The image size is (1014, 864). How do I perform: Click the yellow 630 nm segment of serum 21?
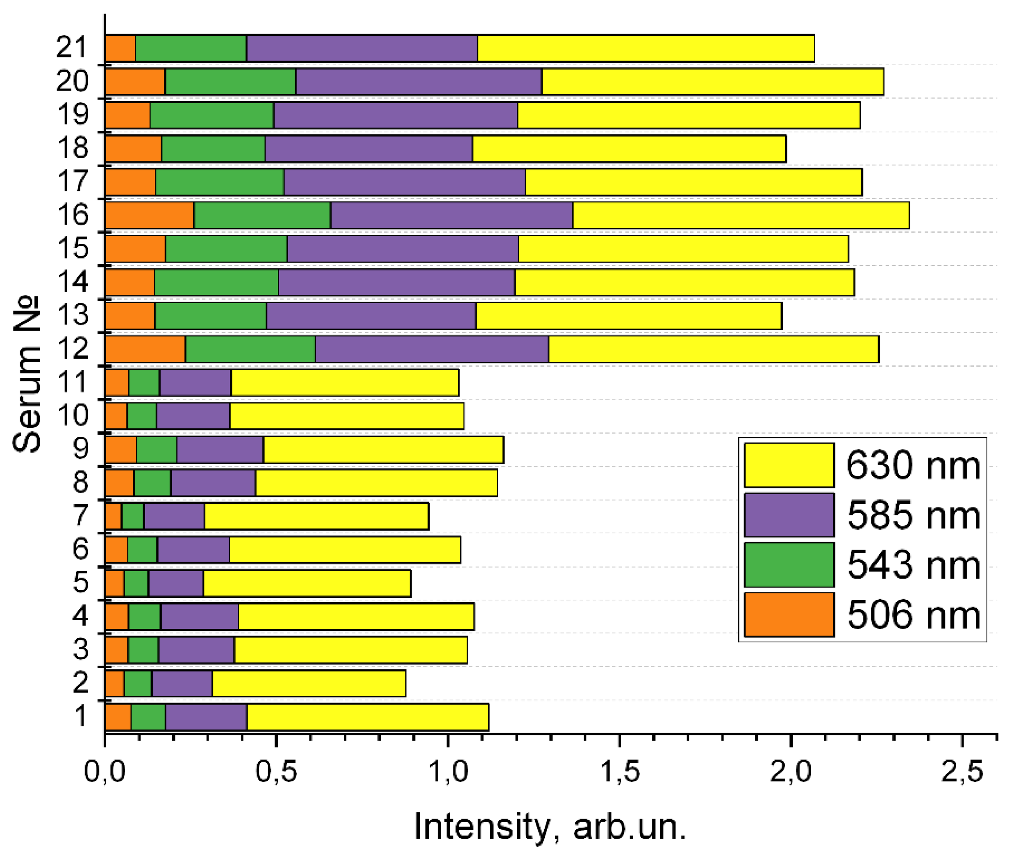[x=646, y=48]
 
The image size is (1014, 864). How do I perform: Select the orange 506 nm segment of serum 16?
[x=149, y=215]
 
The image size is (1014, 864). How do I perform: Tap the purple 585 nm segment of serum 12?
[x=432, y=349]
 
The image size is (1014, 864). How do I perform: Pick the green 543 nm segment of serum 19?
[x=211, y=115]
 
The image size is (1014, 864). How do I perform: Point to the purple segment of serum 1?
[x=206, y=717]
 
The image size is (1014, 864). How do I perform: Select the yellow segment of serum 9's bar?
[x=383, y=449]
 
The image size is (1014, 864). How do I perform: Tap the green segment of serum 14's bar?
[x=216, y=282]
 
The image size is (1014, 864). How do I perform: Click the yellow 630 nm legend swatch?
[x=789, y=465]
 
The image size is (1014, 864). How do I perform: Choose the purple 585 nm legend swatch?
[x=789, y=515]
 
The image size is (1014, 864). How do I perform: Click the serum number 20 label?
[x=73, y=81]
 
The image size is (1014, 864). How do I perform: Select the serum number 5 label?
[x=80, y=582]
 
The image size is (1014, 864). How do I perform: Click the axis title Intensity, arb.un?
[x=550, y=827]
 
